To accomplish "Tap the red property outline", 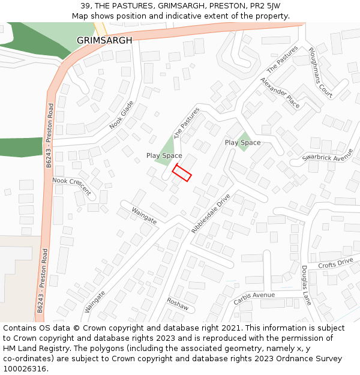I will coord(182,173).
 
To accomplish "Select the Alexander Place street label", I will coord(280,92).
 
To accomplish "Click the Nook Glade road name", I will coord(122,115).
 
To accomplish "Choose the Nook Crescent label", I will coord(71,187).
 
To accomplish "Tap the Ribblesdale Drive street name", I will coord(211,213).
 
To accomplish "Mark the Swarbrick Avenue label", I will coord(328,158).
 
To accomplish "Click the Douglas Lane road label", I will coord(305,286).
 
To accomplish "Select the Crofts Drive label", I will coord(335,263).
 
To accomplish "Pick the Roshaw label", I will coord(178,304).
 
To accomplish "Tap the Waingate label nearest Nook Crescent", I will coord(144,217).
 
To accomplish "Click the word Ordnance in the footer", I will coord(284,359).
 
